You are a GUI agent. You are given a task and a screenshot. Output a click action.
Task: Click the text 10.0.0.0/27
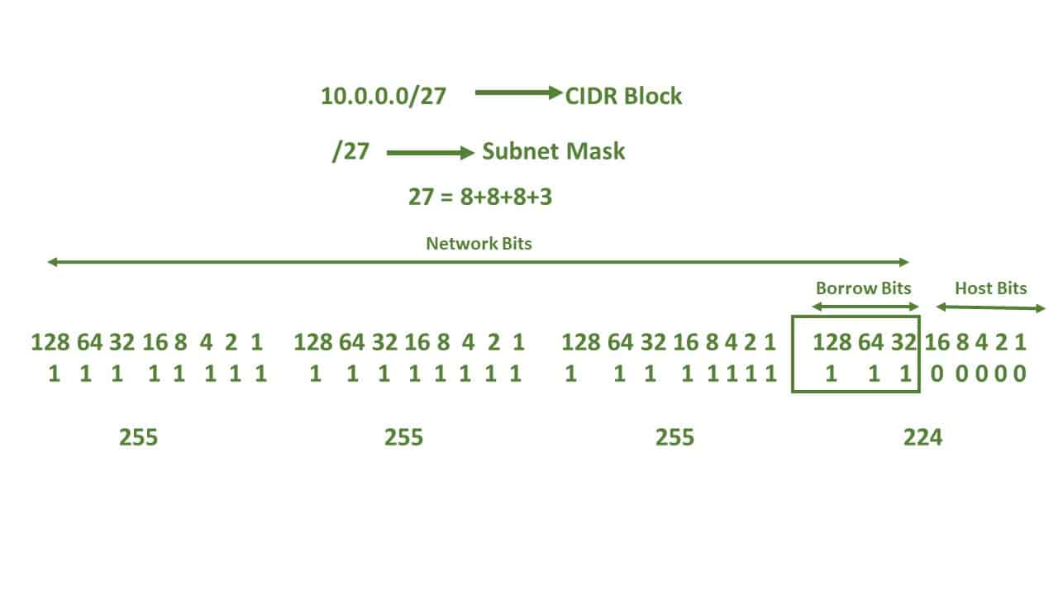[x=383, y=96]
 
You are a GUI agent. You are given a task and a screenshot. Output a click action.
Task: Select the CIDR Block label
[x=624, y=96]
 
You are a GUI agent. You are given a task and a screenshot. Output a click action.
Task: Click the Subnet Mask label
[x=554, y=152]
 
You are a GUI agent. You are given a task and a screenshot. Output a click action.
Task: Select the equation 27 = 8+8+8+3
[x=480, y=198]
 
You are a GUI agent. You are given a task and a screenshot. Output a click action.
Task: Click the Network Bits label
[x=479, y=244]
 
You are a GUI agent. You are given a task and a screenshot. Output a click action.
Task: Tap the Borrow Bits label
[x=863, y=288]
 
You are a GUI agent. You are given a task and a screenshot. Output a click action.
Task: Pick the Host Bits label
[x=990, y=288]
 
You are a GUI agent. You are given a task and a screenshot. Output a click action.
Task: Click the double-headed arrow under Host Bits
[x=990, y=307]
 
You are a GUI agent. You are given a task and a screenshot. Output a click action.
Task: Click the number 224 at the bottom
[x=922, y=437]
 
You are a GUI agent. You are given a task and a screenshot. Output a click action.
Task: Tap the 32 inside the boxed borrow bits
[x=904, y=342]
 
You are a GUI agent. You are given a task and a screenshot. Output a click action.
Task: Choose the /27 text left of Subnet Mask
[x=350, y=152]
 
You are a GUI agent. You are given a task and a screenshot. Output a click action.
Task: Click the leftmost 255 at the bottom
[x=138, y=437]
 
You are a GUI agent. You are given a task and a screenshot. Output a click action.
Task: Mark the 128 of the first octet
[x=50, y=342]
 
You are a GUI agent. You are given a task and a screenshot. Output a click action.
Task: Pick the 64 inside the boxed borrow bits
[x=871, y=342]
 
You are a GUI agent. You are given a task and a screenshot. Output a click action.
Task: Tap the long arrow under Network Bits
[x=479, y=262]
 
